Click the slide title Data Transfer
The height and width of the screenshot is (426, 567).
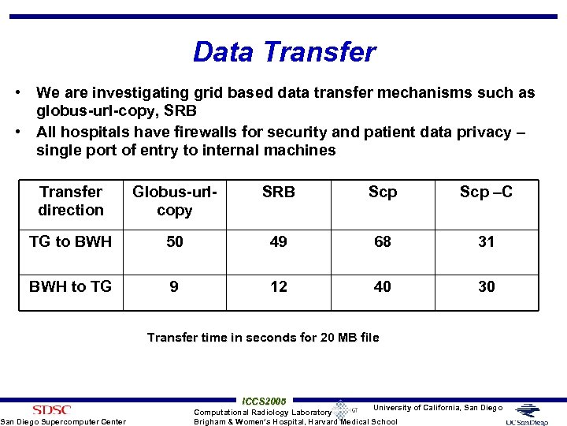tap(284, 52)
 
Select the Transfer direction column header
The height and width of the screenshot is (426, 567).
tap(71, 201)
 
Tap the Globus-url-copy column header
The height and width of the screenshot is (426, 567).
tap(174, 201)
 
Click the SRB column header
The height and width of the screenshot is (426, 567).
tap(278, 192)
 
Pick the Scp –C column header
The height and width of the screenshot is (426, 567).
tap(486, 192)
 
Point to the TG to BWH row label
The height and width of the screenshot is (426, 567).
tap(71, 242)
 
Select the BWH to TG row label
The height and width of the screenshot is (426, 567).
tap(71, 286)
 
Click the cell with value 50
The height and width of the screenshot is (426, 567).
tap(174, 242)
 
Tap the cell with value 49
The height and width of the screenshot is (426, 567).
tap(278, 242)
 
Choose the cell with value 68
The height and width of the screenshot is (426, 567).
tap(382, 242)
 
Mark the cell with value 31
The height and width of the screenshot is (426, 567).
tap(486, 242)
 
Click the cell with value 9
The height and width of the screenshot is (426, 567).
tap(174, 286)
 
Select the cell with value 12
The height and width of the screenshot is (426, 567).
tap(278, 286)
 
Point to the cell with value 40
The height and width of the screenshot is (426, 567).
tap(382, 286)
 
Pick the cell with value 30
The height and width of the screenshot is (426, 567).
tap(486, 286)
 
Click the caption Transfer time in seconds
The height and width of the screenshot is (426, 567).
tap(263, 338)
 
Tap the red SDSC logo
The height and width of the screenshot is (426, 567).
tap(51, 409)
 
